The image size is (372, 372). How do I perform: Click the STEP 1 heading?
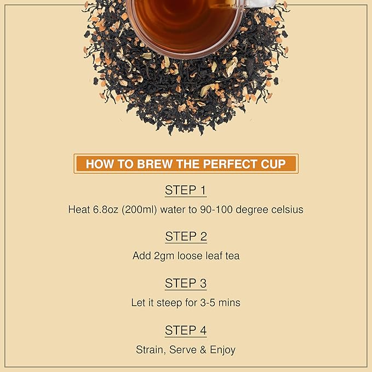tap(186, 191)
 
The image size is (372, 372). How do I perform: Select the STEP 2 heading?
tap(186, 237)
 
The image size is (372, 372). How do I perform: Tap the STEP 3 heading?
tap(186, 283)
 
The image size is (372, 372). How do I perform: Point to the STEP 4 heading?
tap(186, 330)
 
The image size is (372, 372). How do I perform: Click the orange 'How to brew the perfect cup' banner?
tap(186, 164)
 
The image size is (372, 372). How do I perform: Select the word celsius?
tap(285, 209)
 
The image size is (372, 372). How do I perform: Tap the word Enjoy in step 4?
tap(222, 350)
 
